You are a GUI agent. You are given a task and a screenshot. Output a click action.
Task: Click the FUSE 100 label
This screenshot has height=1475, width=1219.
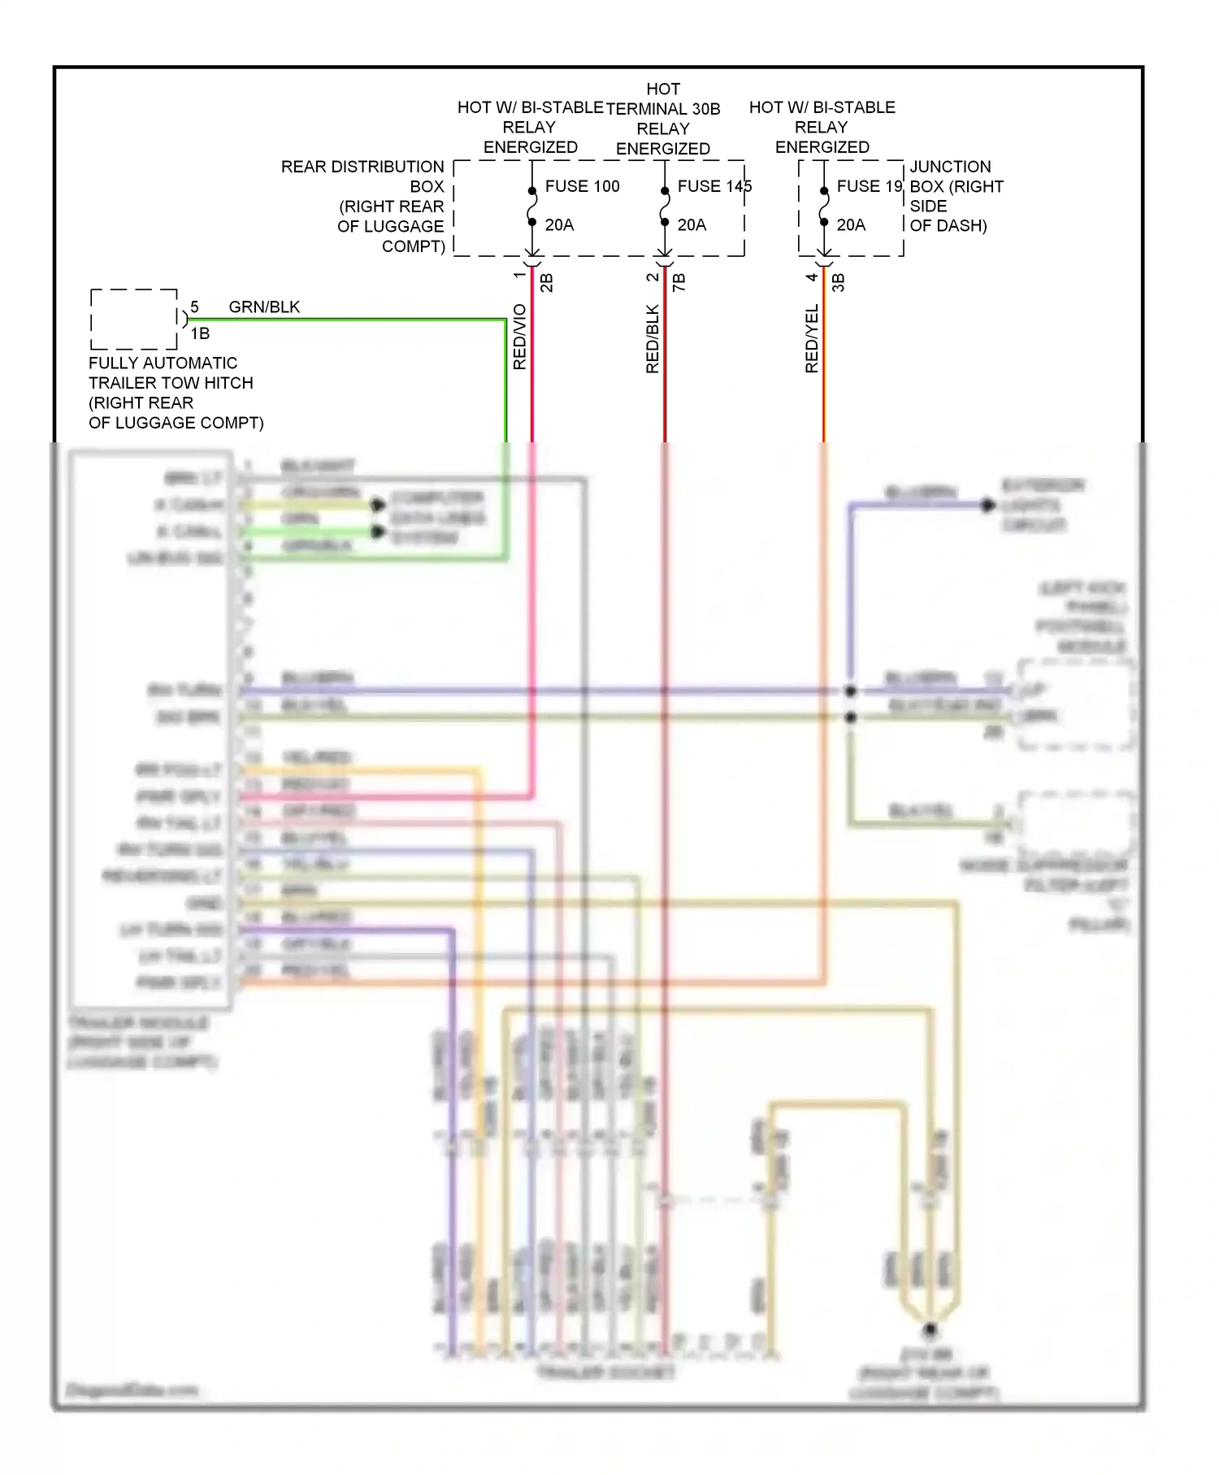point(582,186)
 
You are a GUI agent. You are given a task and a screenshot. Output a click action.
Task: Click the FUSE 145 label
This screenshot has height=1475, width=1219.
point(714,186)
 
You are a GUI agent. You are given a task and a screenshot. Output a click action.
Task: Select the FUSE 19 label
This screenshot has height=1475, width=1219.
point(869,186)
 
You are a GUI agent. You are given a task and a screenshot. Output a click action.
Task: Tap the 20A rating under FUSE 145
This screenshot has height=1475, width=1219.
point(692,225)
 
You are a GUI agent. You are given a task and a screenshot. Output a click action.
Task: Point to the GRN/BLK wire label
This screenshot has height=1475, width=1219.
point(264,307)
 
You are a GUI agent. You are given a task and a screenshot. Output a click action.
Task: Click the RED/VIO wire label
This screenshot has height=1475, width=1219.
point(520,337)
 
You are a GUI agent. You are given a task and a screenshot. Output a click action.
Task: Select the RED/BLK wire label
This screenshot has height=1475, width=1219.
point(653,339)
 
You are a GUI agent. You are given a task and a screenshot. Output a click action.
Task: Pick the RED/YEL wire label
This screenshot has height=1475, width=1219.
point(812,339)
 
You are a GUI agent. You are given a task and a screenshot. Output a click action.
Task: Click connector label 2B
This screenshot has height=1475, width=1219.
point(547,283)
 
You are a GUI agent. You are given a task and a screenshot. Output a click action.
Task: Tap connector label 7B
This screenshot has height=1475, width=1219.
point(679,283)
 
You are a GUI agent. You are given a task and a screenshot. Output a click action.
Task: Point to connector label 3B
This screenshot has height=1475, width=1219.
point(839,283)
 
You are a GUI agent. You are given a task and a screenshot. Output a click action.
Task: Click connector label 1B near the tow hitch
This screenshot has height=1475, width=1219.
point(200,333)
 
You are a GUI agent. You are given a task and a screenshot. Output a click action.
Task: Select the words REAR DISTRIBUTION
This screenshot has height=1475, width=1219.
point(362,167)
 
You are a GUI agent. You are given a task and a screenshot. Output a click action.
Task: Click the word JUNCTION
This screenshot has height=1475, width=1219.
point(950,167)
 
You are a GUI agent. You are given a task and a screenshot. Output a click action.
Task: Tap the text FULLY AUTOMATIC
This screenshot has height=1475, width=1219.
point(163,363)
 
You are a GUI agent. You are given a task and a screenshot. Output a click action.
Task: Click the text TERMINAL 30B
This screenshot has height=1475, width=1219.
point(663,109)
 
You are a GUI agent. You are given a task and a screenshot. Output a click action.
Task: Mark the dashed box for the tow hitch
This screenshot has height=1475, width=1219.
point(134,319)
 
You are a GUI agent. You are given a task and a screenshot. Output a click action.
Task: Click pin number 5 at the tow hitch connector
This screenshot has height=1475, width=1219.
point(194,307)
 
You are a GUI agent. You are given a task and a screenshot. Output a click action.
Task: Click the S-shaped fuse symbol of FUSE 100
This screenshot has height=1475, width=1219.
point(532,207)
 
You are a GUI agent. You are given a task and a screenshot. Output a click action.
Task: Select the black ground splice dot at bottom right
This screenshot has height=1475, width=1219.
point(930,1330)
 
